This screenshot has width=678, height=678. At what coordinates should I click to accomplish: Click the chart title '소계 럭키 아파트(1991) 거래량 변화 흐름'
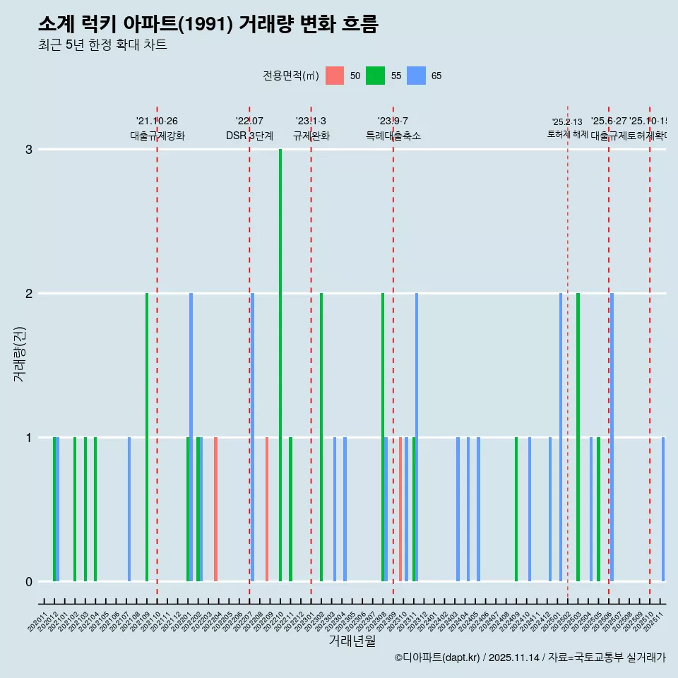pos(208,24)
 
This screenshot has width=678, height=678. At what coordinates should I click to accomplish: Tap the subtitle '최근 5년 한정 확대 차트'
pos(102,45)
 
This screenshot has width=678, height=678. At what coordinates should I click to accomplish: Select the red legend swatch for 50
pos(335,76)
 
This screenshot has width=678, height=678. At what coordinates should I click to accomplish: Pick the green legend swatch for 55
pos(375,76)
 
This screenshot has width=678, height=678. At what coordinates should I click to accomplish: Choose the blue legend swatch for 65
pos(416,76)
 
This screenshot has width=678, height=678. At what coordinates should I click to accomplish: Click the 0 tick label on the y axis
pos(29,582)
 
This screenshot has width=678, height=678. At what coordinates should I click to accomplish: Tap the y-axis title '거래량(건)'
pos(19,353)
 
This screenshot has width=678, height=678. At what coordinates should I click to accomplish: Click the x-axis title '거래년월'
pos(352,641)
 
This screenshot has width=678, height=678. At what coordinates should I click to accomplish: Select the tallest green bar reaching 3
pos(280,365)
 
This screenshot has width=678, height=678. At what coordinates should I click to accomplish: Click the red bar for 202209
pos(267,509)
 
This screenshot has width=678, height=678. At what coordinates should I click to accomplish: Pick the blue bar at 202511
pos(663,509)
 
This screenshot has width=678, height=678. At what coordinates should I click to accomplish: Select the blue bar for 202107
pos(129,509)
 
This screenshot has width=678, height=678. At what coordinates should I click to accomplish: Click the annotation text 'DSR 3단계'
pos(249,136)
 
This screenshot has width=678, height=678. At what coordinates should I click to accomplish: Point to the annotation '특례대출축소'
pos(393,136)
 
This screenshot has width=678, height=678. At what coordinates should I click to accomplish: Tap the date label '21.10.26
pos(157,121)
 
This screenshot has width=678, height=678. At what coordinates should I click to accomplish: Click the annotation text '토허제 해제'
pos(567,134)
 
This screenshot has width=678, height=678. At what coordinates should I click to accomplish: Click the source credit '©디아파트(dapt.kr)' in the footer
pos(437,658)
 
